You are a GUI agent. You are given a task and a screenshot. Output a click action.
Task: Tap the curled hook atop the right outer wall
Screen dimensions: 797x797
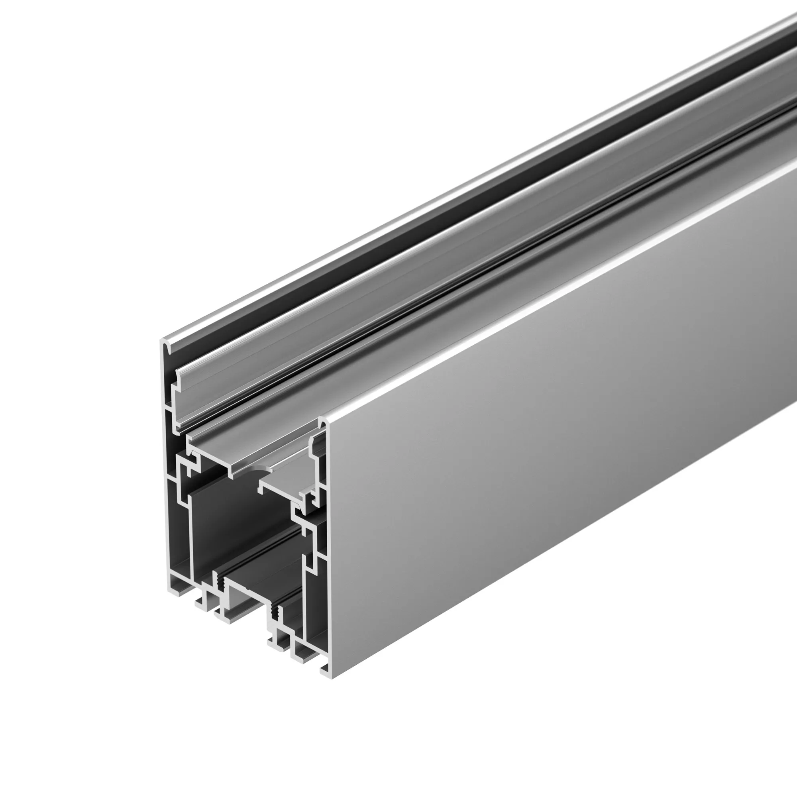[323, 422]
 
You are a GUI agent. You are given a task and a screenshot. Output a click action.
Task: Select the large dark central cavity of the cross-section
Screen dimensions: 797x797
[239, 520]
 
